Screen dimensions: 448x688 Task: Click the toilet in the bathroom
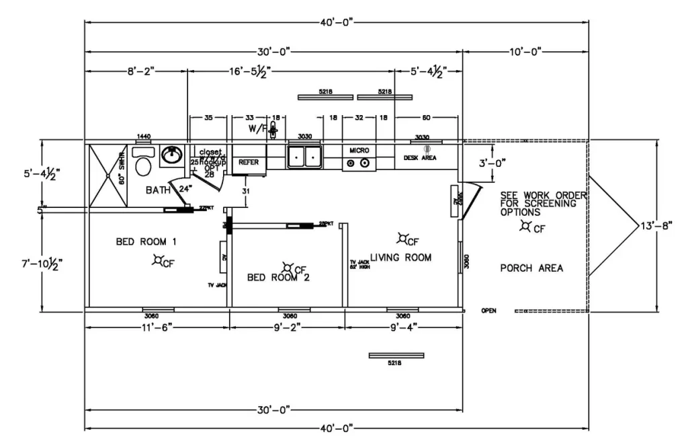pos(142,161)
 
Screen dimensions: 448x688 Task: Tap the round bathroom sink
pos(171,156)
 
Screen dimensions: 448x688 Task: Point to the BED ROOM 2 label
pos(278,276)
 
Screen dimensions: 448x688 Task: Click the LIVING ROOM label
pos(400,258)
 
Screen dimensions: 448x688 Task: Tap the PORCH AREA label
pos(531,268)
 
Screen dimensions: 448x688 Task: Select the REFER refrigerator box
pos(249,162)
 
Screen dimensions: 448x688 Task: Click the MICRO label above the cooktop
pos(359,150)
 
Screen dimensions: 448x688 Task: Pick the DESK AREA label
pos(420,157)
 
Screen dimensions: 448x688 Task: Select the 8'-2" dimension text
pos(136,69)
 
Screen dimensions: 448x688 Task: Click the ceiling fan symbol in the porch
pos(525,226)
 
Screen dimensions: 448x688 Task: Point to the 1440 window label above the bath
pos(143,137)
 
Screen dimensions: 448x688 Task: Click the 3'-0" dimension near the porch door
pos(492,162)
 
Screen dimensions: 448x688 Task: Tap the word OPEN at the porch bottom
pos(488,311)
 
